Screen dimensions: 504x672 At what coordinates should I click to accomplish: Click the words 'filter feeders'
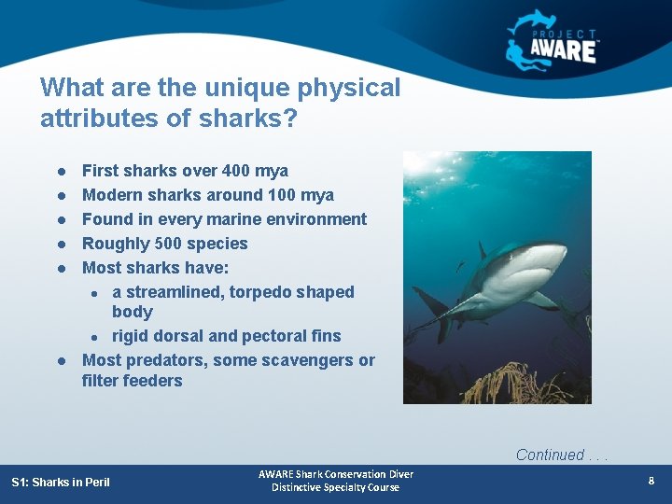(x=132, y=381)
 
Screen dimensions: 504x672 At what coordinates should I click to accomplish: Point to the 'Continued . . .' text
(x=563, y=455)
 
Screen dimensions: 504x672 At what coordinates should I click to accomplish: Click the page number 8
(x=651, y=481)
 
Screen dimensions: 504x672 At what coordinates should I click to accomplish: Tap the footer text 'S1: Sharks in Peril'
(x=61, y=482)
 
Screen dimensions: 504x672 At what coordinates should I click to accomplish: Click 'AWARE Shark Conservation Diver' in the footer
(x=336, y=474)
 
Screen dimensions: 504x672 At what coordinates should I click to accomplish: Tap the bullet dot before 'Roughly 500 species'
(x=59, y=245)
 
